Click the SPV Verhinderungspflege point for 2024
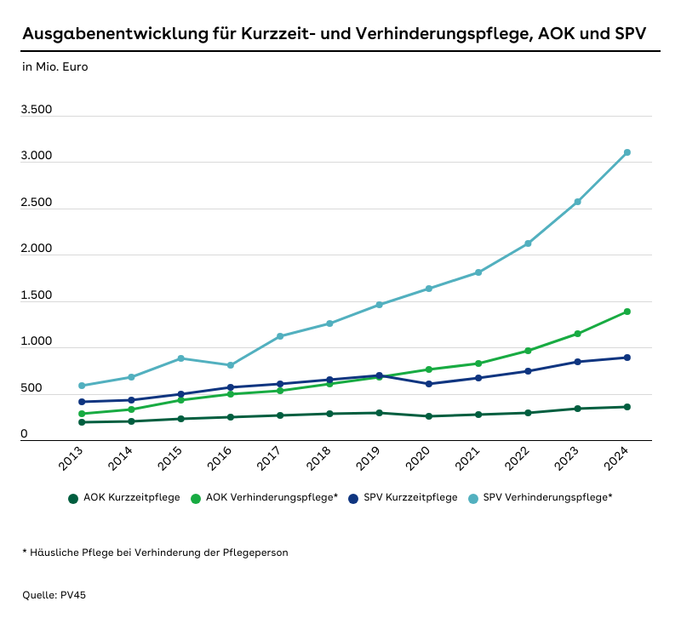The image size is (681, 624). pos(627,152)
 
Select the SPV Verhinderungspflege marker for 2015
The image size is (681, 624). pos(180,358)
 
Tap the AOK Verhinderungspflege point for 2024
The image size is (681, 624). pos(627,312)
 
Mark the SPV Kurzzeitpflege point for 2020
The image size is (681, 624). pos(429,384)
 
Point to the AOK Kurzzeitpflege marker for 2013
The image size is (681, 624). pos(82,422)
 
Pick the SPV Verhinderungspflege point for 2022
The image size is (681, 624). pos(528,243)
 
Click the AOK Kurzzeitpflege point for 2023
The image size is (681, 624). pos(578,409)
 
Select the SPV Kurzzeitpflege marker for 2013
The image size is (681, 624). pos(82,402)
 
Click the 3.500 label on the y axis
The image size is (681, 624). pos(37,110)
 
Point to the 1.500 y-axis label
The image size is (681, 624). pos(37,295)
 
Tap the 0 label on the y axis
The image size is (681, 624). pos(25,434)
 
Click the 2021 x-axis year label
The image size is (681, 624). pos(467,462)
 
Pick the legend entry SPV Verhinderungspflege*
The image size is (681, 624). pos(547,497)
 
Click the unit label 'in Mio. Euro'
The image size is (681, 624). pos(55,66)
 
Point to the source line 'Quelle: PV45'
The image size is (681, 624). pos(54,595)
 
